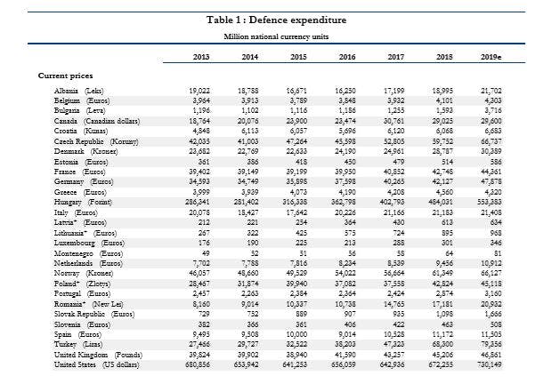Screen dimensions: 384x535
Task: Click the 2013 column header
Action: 200,58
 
